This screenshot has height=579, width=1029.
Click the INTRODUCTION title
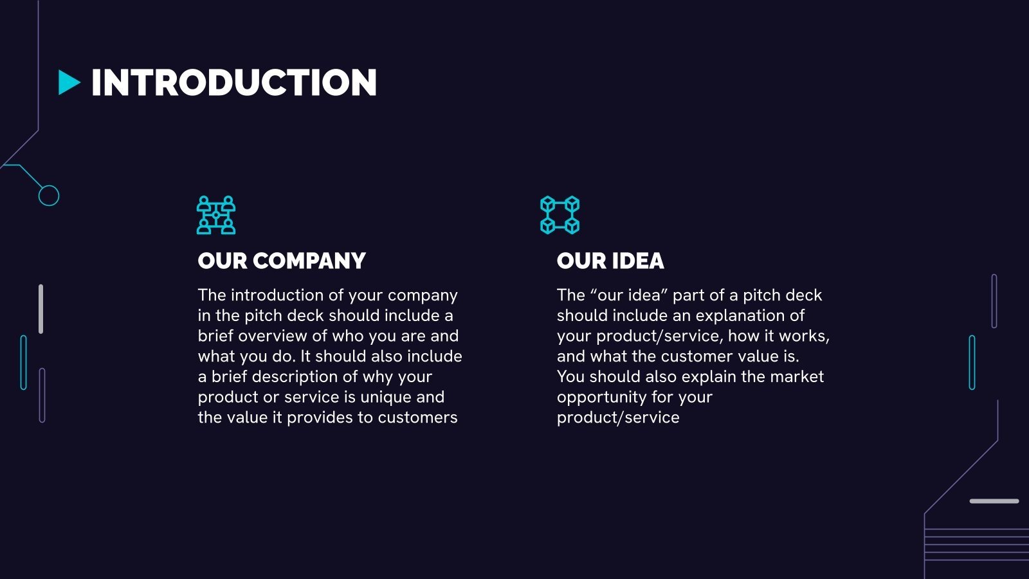pyautogui.click(x=233, y=83)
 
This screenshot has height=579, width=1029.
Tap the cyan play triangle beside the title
pyautogui.click(x=69, y=83)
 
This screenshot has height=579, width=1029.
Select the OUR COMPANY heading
pyautogui.click(x=282, y=261)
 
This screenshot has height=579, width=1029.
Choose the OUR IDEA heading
pyautogui.click(x=610, y=261)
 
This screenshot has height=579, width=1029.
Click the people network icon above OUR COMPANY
pyautogui.click(x=216, y=215)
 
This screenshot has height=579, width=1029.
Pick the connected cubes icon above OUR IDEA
pyautogui.click(x=560, y=215)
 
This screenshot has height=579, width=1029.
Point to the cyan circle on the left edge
pyautogui.click(x=49, y=196)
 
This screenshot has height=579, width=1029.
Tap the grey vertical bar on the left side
pyautogui.click(x=41, y=309)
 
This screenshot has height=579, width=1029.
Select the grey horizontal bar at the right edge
pyautogui.click(x=994, y=501)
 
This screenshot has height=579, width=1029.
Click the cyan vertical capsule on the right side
pyautogui.click(x=972, y=362)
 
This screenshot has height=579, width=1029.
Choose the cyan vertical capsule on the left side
pyautogui.click(x=24, y=362)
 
